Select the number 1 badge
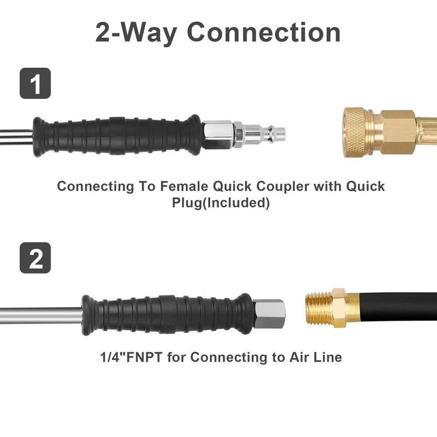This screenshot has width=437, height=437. click(x=36, y=84)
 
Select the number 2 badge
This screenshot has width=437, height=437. click(x=36, y=257)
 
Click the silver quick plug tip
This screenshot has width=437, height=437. click(x=268, y=132)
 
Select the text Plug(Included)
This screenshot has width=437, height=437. click(x=221, y=203)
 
